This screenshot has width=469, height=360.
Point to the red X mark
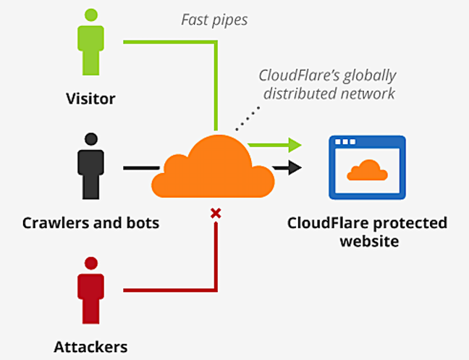[x=216, y=214]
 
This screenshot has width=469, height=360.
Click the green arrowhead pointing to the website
[x=295, y=145]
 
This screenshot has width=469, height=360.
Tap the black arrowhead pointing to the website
[x=295, y=167]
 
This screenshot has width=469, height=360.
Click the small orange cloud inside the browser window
[x=367, y=170]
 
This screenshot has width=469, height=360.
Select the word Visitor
[x=90, y=99]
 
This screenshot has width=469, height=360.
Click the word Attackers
[x=90, y=347]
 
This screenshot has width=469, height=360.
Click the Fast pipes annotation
[x=214, y=20]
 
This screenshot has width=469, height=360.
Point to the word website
[x=369, y=241]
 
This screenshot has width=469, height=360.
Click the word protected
[x=410, y=223]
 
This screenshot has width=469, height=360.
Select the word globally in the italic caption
[x=370, y=76]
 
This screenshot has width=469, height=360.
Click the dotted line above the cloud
[x=248, y=119]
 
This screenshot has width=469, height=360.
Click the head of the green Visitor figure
[x=91, y=15]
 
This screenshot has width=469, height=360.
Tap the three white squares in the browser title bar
[x=345, y=141]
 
